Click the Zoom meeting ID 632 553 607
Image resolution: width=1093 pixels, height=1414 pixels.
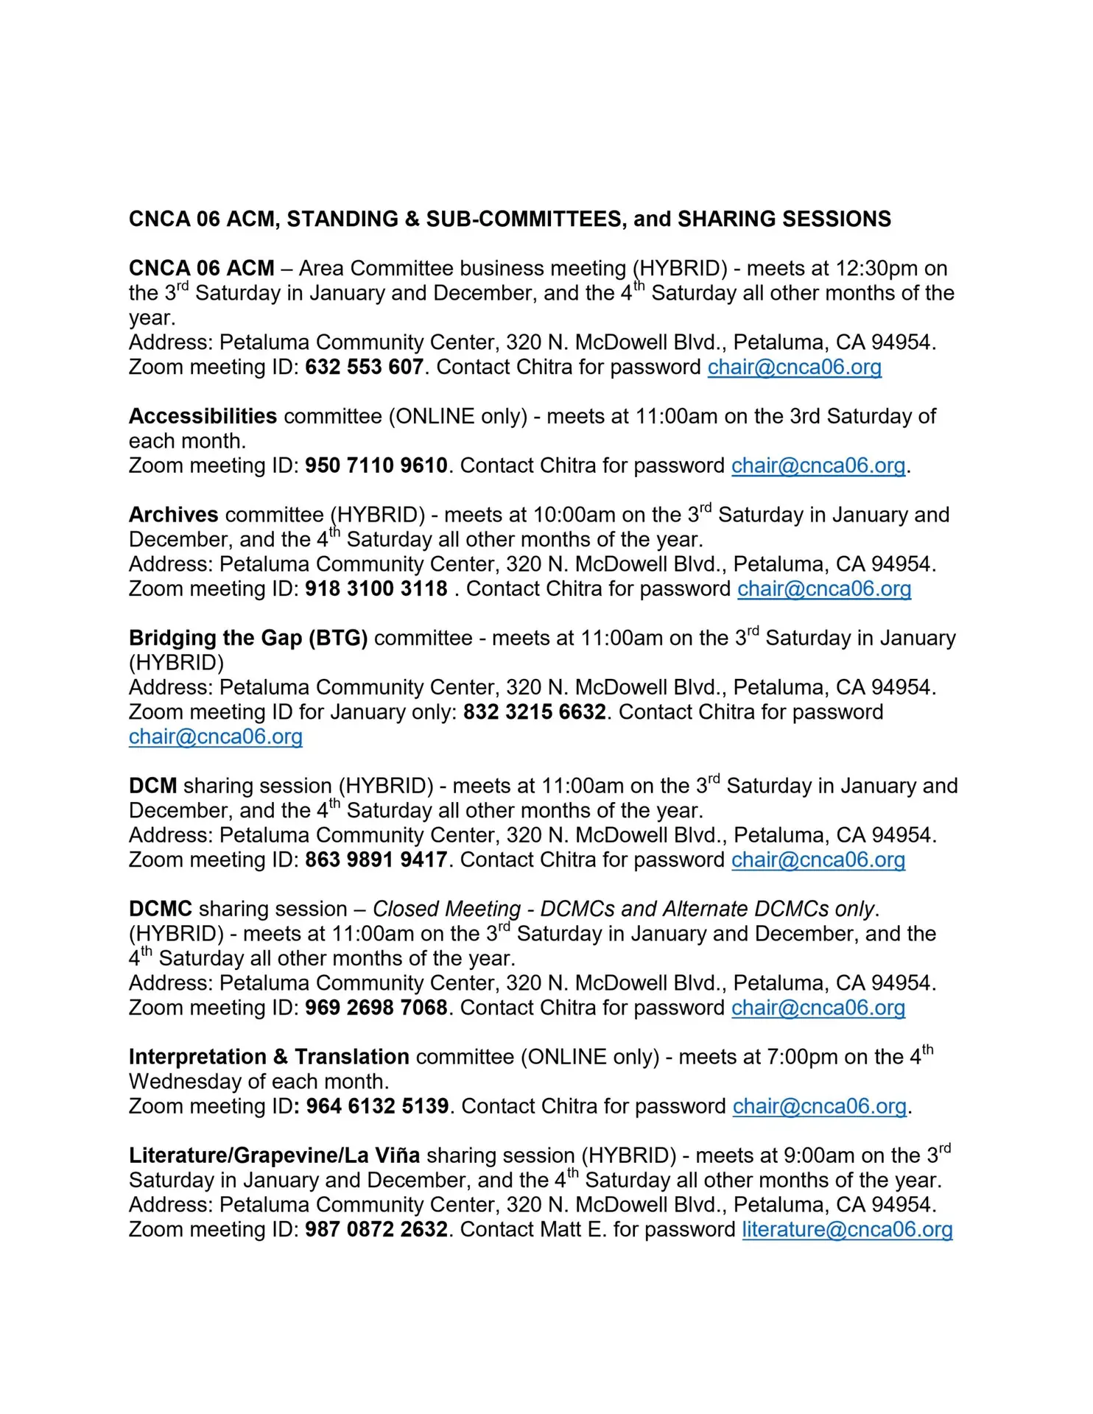[364, 367]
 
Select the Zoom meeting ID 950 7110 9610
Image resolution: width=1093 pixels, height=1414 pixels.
[376, 465]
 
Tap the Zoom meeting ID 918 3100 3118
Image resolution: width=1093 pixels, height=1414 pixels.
[376, 588]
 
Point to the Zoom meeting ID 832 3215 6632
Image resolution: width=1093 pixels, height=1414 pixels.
[534, 712]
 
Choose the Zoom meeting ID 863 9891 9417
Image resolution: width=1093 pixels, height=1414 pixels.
[376, 859]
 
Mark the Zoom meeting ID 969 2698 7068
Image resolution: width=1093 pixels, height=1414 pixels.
[376, 1007]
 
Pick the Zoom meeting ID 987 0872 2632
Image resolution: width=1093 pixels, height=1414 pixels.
[376, 1229]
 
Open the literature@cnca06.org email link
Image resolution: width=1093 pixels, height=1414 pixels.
[847, 1229]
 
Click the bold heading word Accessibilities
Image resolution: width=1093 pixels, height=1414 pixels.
[203, 416]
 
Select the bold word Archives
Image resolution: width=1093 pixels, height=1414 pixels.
[173, 514]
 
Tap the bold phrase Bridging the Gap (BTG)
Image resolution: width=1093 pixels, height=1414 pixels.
[248, 638]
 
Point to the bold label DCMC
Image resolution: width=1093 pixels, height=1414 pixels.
[160, 909]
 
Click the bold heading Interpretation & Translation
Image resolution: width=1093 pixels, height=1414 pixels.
[269, 1057]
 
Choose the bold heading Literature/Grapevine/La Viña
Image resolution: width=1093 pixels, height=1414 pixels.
[274, 1156]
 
